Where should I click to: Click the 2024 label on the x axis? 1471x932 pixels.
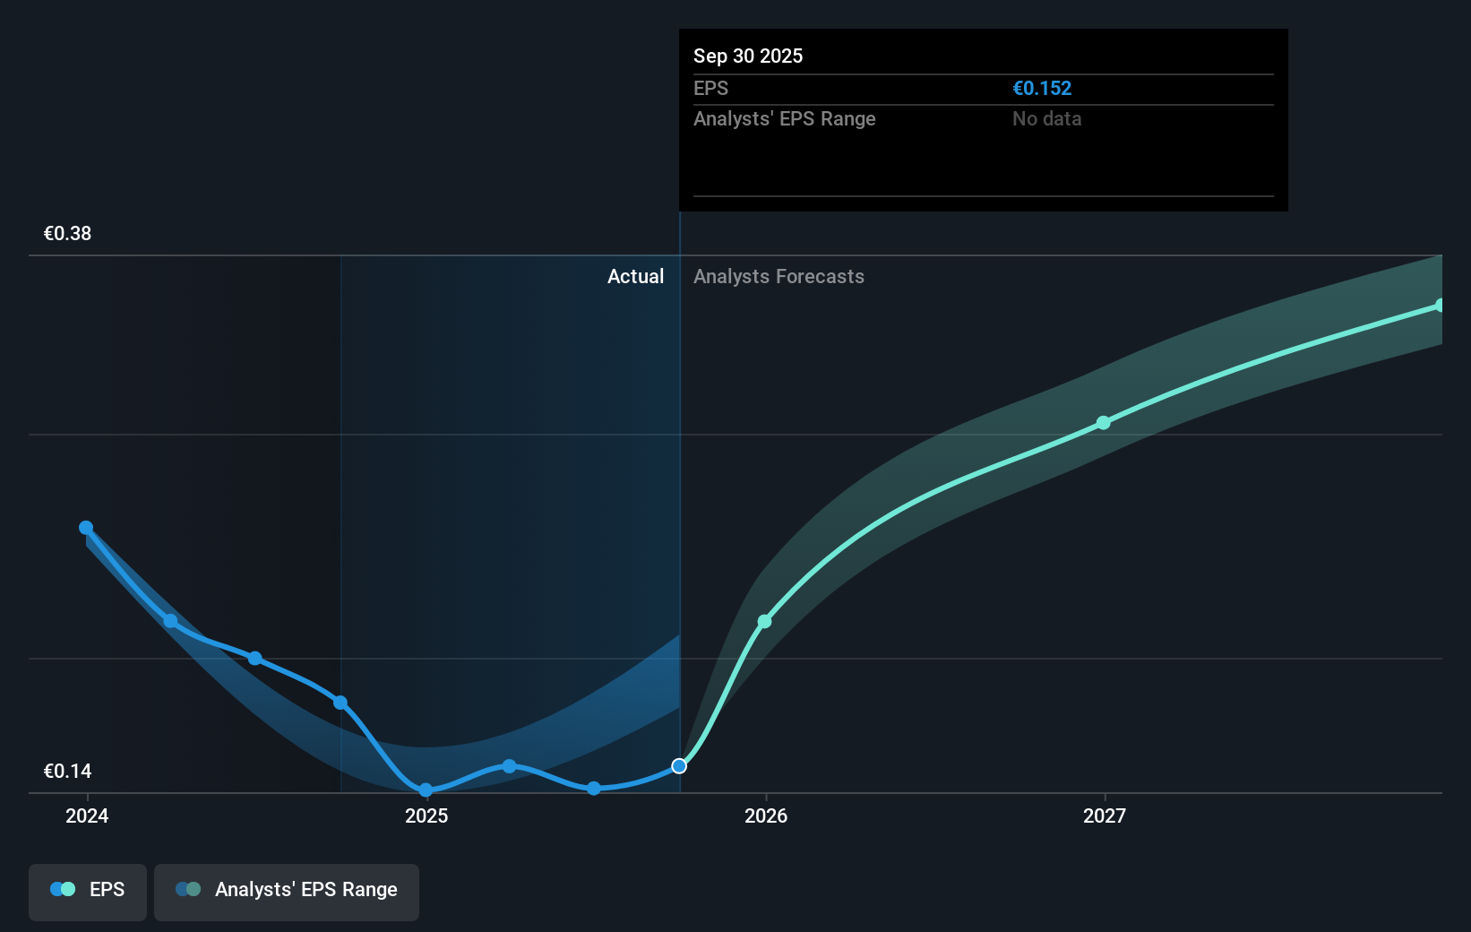[x=87, y=815]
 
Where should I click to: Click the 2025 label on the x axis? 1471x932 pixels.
[x=426, y=815]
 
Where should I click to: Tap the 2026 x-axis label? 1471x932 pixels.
[x=766, y=815]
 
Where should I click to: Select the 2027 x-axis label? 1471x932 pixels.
[x=1105, y=815]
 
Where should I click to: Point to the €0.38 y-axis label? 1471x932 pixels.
[x=67, y=234]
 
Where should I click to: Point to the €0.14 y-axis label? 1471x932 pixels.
[x=67, y=772]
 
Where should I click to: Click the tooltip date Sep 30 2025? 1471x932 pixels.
[x=748, y=56]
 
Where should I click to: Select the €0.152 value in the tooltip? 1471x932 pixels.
[x=1042, y=88]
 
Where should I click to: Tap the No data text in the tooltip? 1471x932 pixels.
[x=1046, y=118]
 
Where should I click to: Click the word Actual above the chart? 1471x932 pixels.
[x=635, y=276]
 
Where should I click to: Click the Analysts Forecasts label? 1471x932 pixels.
[x=779, y=276]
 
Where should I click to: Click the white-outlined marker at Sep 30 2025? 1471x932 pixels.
[x=679, y=766]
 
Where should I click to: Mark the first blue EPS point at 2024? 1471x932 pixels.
[x=86, y=528]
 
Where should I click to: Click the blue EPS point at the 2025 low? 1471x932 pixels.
[x=426, y=790]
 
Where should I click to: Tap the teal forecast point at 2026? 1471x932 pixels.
[x=764, y=621]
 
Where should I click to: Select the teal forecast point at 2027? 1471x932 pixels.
[x=1104, y=423]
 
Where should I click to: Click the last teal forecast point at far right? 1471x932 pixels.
[x=1440, y=306]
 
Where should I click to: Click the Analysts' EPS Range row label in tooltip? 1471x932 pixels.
[x=784, y=118]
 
